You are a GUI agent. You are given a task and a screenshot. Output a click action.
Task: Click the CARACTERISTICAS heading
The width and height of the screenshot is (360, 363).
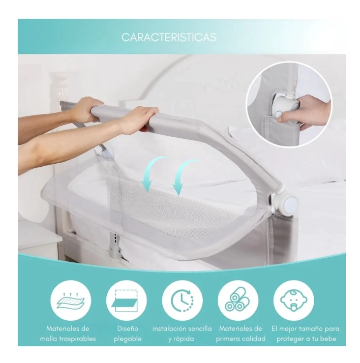pos(169,37)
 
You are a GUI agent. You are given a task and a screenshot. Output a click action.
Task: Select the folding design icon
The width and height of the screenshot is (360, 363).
pos(126,301)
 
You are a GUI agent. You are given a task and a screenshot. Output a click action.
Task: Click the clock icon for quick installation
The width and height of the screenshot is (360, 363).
pos(183,301)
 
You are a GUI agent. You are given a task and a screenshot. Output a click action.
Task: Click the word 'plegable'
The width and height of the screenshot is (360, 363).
pos(128,339)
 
